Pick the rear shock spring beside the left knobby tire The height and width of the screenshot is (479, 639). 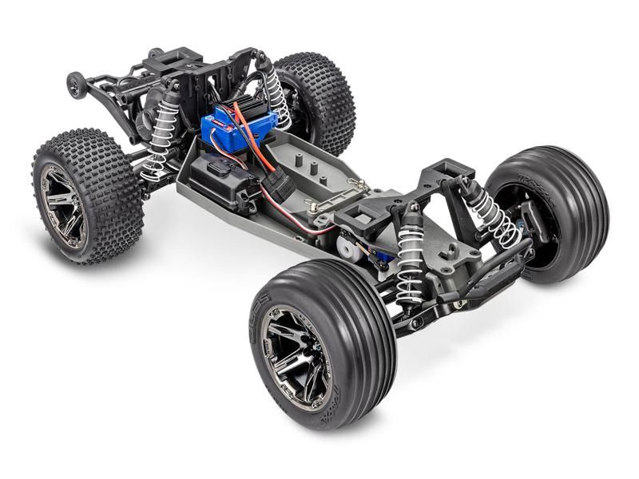163,136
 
